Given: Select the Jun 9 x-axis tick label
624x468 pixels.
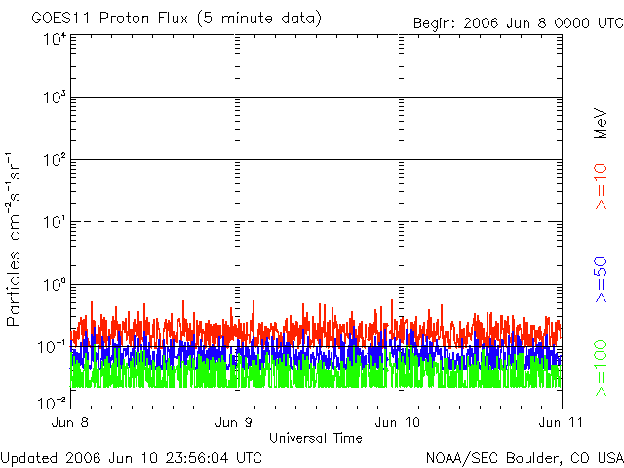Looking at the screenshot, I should pyautogui.click(x=235, y=423).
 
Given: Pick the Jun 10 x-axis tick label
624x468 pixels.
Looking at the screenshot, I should pyautogui.click(x=399, y=423).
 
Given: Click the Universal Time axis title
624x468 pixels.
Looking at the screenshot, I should pyautogui.click(x=316, y=438).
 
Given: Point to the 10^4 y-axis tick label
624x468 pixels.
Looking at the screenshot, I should pyautogui.click(x=54, y=39).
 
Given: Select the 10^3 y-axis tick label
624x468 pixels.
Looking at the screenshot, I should pyautogui.click(x=54, y=97).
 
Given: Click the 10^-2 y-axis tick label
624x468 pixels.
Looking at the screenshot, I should pyautogui.click(x=52, y=401).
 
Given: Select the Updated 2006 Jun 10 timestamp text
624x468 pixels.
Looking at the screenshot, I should pyautogui.click(x=132, y=456).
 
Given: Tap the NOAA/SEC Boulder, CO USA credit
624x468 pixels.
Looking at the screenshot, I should pyautogui.click(x=524, y=456).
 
